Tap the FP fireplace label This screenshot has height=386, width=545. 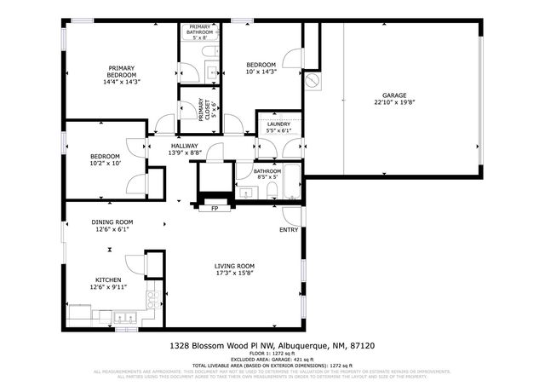tap(214, 207)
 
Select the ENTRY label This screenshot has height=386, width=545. tap(289, 230)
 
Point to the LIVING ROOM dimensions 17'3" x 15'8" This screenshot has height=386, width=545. tap(234, 274)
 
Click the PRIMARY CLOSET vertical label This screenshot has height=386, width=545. tap(201, 111)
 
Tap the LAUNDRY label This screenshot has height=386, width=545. tap(279, 124)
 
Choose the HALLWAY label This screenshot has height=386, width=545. tap(184, 146)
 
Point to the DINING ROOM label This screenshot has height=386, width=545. tap(112, 222)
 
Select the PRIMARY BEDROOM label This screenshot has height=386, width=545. tap(122, 72)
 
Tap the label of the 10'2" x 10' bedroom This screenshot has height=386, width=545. tap(105, 156)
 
